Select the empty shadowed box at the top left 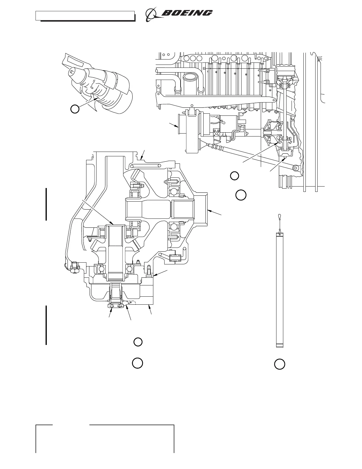tap(85, 15)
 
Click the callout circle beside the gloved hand tap(75, 109)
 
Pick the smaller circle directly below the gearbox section tap(138, 342)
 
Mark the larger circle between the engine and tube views tap(241, 195)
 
